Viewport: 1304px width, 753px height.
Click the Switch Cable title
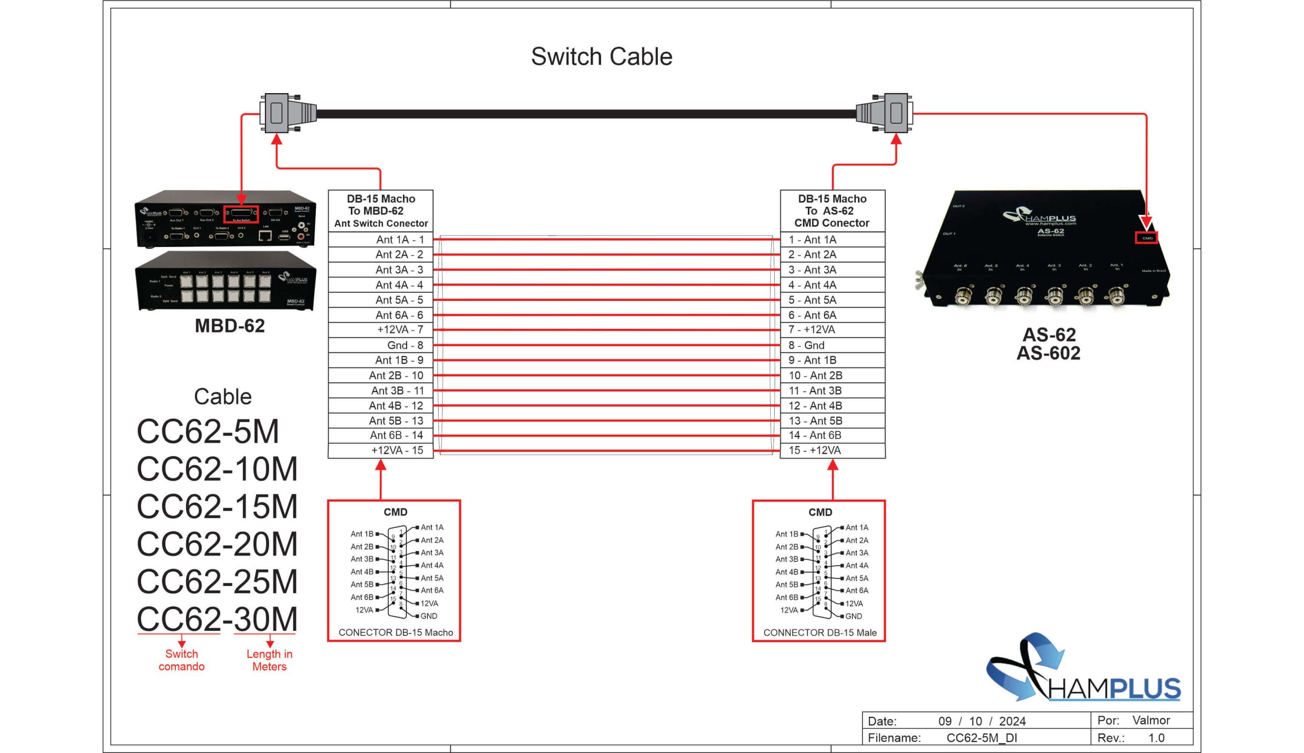(601, 57)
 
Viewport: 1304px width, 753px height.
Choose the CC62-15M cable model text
(217, 506)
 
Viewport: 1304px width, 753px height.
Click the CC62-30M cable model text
(217, 619)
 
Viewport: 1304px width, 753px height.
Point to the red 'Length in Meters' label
(269, 660)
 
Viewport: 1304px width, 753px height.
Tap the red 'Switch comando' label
(181, 660)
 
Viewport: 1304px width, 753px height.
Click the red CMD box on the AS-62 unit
(1146, 238)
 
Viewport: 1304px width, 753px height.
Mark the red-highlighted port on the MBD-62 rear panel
(241, 214)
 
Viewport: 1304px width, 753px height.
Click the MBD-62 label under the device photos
(230, 326)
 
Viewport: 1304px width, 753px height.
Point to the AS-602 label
(1048, 353)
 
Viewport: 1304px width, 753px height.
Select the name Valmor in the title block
(1151, 720)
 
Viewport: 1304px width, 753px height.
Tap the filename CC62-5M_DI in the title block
(981, 738)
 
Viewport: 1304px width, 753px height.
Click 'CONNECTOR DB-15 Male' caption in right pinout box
(820, 632)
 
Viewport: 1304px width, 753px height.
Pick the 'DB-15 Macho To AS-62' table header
(832, 210)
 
